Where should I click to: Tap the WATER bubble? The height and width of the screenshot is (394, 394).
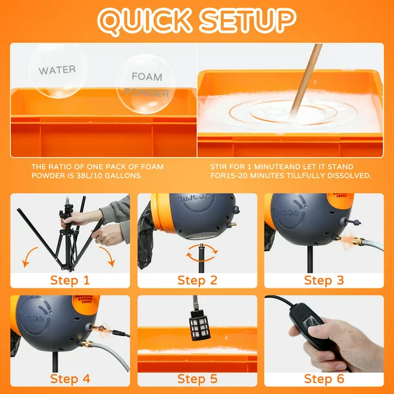coord(57,70)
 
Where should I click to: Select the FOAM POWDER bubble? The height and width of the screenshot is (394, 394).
coord(145,84)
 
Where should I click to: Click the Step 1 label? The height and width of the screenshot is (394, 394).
coord(70,280)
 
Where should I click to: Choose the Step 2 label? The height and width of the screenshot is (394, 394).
coord(197,280)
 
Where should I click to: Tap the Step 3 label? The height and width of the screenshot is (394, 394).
coord(324,280)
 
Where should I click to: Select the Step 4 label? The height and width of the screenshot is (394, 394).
coord(70,379)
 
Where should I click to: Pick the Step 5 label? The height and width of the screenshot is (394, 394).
coord(197,379)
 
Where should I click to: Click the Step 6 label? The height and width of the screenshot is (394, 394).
coord(324,379)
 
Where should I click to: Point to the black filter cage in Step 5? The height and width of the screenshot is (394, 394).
coord(200,325)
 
